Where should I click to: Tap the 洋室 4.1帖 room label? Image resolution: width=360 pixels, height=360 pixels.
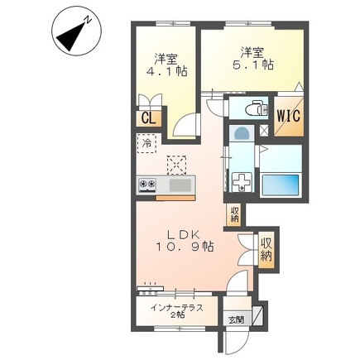coord(166,65)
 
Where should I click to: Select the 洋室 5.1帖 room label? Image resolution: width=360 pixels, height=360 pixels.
coord(253,59)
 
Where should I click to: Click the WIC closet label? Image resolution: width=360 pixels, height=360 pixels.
coord(289,116)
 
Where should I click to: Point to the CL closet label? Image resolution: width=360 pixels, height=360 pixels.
coord(149,119)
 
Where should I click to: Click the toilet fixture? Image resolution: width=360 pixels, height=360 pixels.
coord(257,108)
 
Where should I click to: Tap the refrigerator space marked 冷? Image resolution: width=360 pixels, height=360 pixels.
coord(146,143)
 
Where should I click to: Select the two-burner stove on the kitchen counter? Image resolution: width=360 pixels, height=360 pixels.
coord(147,185)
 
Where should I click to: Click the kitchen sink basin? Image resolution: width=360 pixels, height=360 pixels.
coord(180,185)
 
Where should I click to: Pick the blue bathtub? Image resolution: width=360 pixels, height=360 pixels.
coord(281,185)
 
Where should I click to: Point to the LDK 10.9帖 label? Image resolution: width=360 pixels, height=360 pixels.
coord(185,240)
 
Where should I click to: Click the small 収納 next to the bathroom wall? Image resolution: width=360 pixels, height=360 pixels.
coord(235,214)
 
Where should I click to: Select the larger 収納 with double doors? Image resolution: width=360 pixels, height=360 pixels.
coord(266,250)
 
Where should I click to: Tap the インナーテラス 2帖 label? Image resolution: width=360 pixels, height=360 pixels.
coord(177,311)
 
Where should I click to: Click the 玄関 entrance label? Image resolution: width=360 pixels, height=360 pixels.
coord(237,320)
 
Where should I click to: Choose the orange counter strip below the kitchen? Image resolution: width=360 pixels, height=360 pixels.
coord(175,198)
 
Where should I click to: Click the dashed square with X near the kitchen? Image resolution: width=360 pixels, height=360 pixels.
coord(176,165)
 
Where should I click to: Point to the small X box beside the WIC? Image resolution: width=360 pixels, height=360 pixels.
coord(264,131)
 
